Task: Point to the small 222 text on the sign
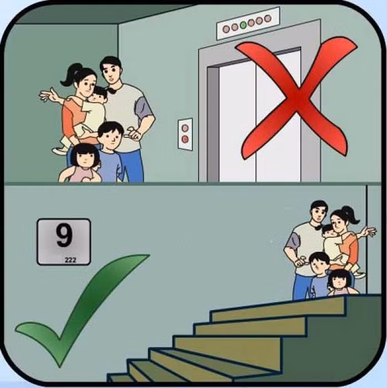click(x=70, y=259)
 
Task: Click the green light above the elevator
click(x=243, y=25)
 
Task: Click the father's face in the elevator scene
click(x=110, y=72)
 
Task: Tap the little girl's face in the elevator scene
click(x=86, y=158)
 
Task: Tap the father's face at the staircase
click(x=319, y=213)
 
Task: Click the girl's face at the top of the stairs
click(x=339, y=281)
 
